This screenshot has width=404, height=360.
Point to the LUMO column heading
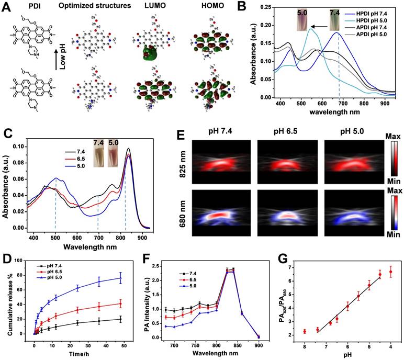click(x=149, y=6)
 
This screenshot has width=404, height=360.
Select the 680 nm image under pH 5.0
click(x=342, y=216)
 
